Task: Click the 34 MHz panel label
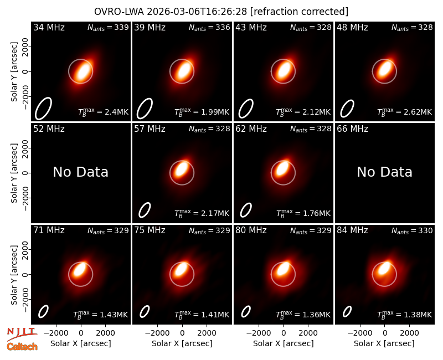49,27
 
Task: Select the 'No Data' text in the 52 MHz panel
80,172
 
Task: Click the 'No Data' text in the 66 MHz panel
384,172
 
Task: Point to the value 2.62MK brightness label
405,112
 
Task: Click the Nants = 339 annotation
108,27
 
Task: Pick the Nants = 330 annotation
412,230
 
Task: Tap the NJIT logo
22,333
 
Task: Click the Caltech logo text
22,347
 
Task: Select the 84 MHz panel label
352,230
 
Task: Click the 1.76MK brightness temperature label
303,213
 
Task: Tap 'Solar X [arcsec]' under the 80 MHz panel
284,343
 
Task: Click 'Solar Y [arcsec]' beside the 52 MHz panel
14,173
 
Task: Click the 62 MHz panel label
251,129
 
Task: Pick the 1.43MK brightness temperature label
101,315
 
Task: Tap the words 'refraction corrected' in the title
300,12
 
